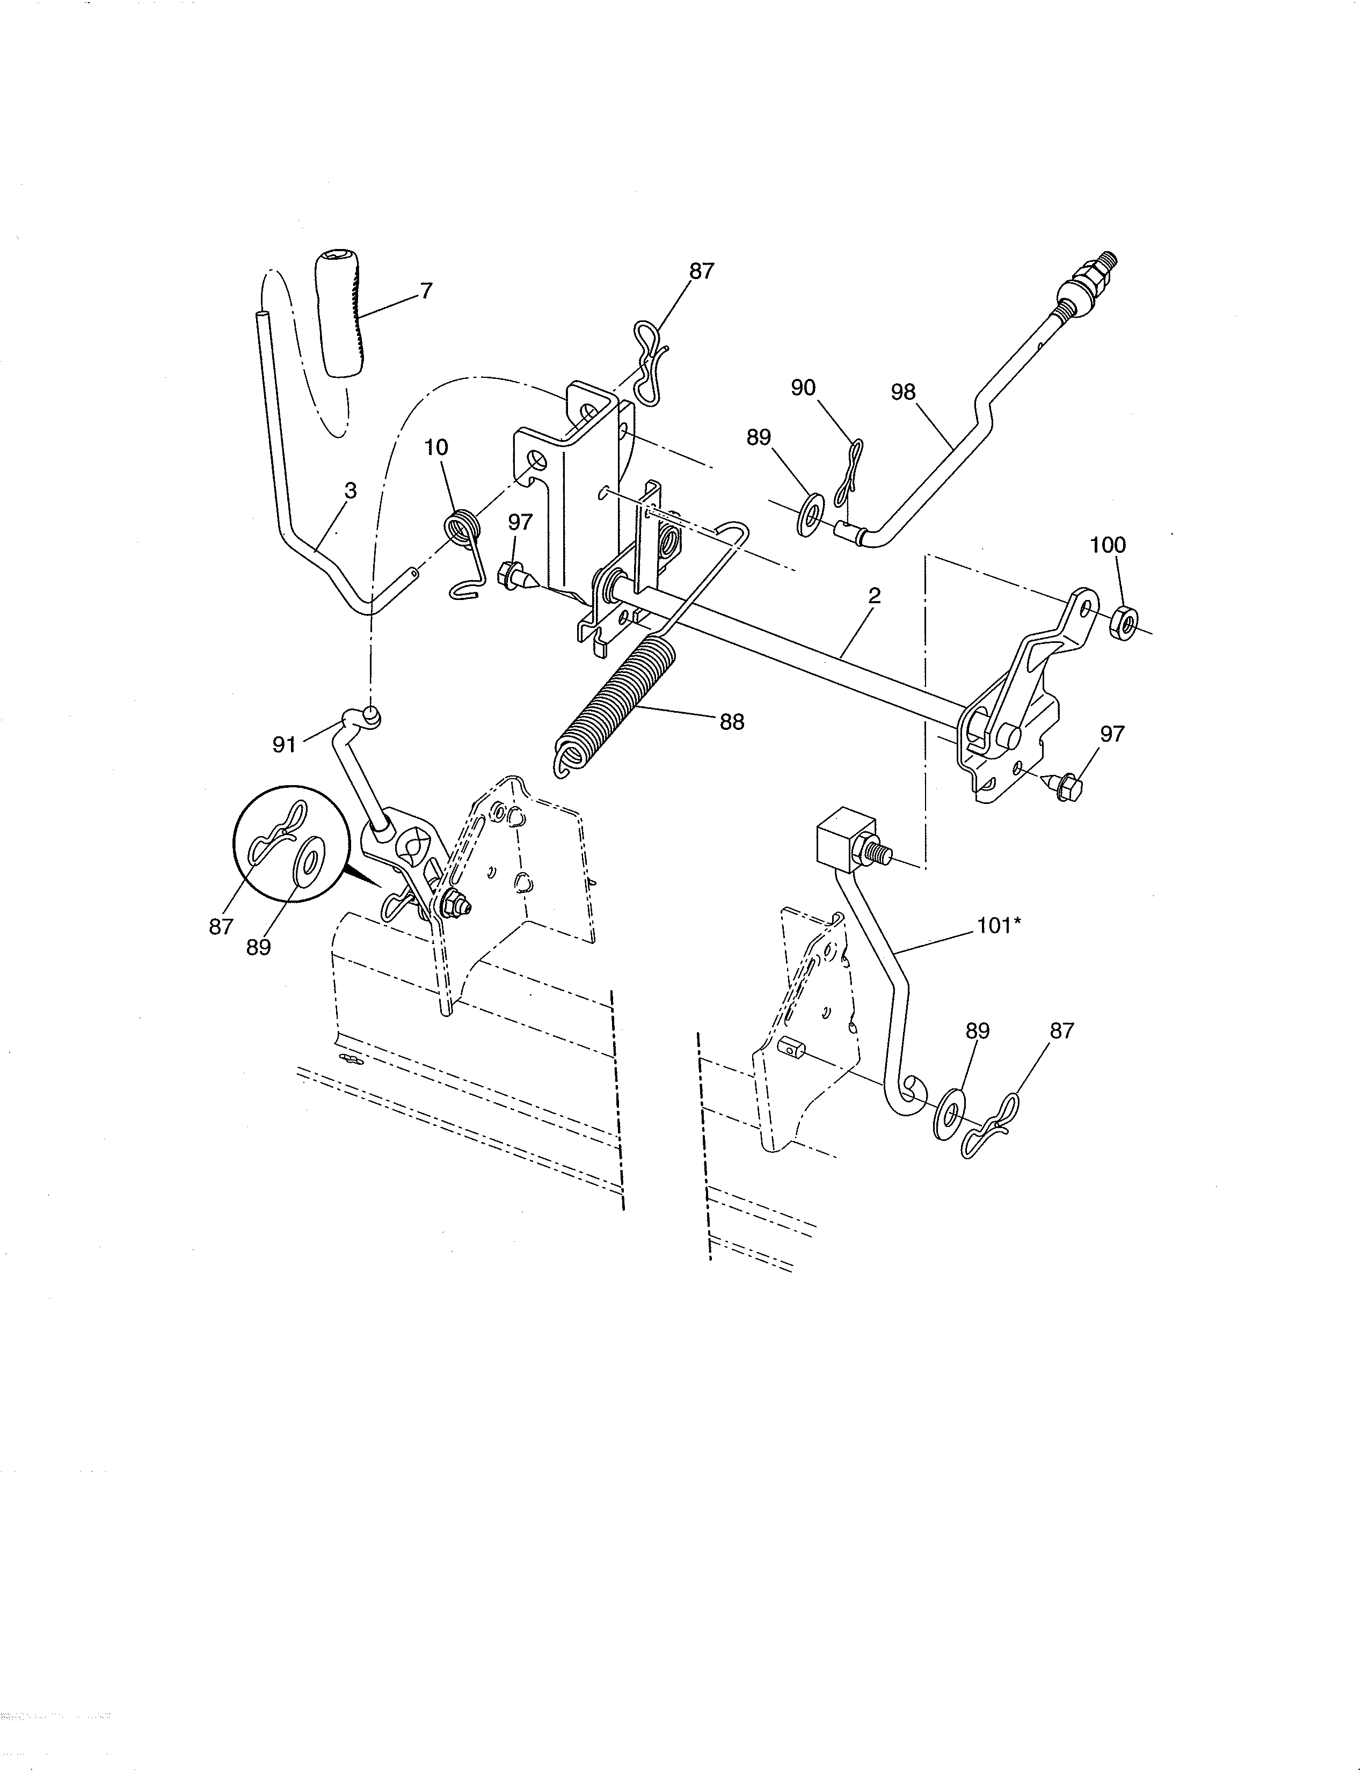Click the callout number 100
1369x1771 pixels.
[1109, 545]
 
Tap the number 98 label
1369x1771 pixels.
[902, 392]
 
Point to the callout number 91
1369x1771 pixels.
[284, 744]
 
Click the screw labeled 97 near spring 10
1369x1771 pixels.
[514, 574]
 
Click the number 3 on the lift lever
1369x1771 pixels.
[351, 491]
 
